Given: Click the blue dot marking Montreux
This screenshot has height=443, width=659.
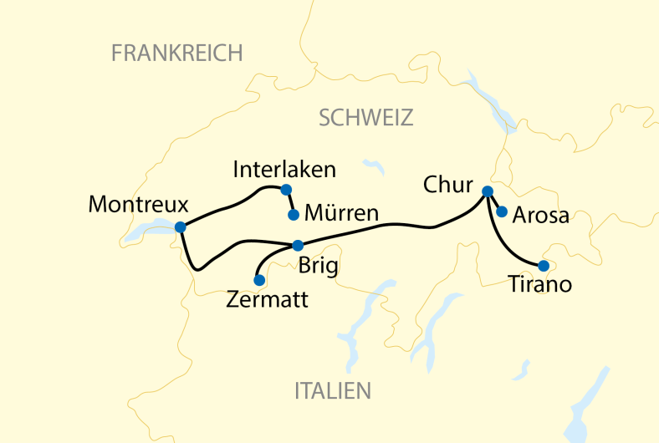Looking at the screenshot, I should pyautogui.click(x=181, y=227).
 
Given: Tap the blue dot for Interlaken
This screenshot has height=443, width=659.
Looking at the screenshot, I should pyautogui.click(x=286, y=189).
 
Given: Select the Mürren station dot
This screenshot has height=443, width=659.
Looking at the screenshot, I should pyautogui.click(x=293, y=215).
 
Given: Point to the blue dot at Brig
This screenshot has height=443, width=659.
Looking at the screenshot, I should pyautogui.click(x=298, y=245).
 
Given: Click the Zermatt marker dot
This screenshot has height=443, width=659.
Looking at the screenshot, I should pyautogui.click(x=259, y=280).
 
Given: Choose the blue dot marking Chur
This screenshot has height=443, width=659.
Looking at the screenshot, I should pyautogui.click(x=488, y=192).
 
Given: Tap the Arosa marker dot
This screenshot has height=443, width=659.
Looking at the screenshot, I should pyautogui.click(x=502, y=211).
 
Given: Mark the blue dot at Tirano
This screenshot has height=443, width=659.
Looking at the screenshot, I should pyautogui.click(x=543, y=266).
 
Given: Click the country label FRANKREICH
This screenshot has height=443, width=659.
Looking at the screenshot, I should pyautogui.click(x=176, y=53).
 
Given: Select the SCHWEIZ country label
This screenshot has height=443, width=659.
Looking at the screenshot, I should pyautogui.click(x=366, y=118).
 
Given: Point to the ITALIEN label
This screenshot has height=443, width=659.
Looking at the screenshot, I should pyautogui.click(x=332, y=390).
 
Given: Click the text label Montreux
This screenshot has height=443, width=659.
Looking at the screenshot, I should pyautogui.click(x=138, y=205).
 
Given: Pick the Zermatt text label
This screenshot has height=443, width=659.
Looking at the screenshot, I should pyautogui.click(x=267, y=299).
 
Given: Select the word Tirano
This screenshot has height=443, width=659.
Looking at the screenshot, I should pyautogui.click(x=540, y=285).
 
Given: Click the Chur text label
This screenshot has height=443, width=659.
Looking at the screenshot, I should pyautogui.click(x=448, y=186).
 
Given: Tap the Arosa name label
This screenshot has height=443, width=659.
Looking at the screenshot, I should pyautogui.click(x=541, y=215).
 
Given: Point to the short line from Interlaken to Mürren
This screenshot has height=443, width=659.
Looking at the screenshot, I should pyautogui.click(x=289, y=201).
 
